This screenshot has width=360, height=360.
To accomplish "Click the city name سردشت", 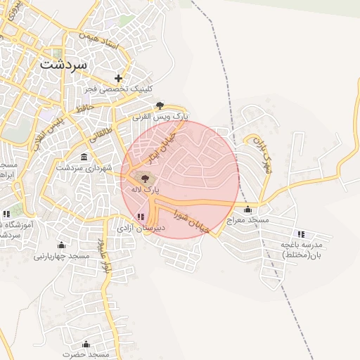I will tap(64, 63).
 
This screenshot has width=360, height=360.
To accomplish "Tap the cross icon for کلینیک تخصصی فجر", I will tap(119, 79).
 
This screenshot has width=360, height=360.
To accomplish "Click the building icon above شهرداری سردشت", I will tap(84, 156).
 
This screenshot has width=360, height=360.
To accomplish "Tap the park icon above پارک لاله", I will tap(145, 179).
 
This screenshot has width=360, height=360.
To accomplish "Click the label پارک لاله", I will tap(146, 190).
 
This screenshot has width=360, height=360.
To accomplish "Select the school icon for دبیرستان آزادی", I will tap(141, 217).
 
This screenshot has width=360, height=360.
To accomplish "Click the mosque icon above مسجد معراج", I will tap(247, 209).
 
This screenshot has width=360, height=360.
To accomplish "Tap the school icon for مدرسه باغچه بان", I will tap(302, 233).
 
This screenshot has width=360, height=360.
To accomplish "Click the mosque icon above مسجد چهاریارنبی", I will tap(62, 245).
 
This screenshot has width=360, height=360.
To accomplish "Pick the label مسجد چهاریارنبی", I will tap(62, 256).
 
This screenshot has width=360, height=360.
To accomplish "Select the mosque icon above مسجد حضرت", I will tap(86, 344).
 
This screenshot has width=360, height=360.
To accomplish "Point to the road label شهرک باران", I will tap(261, 153).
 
